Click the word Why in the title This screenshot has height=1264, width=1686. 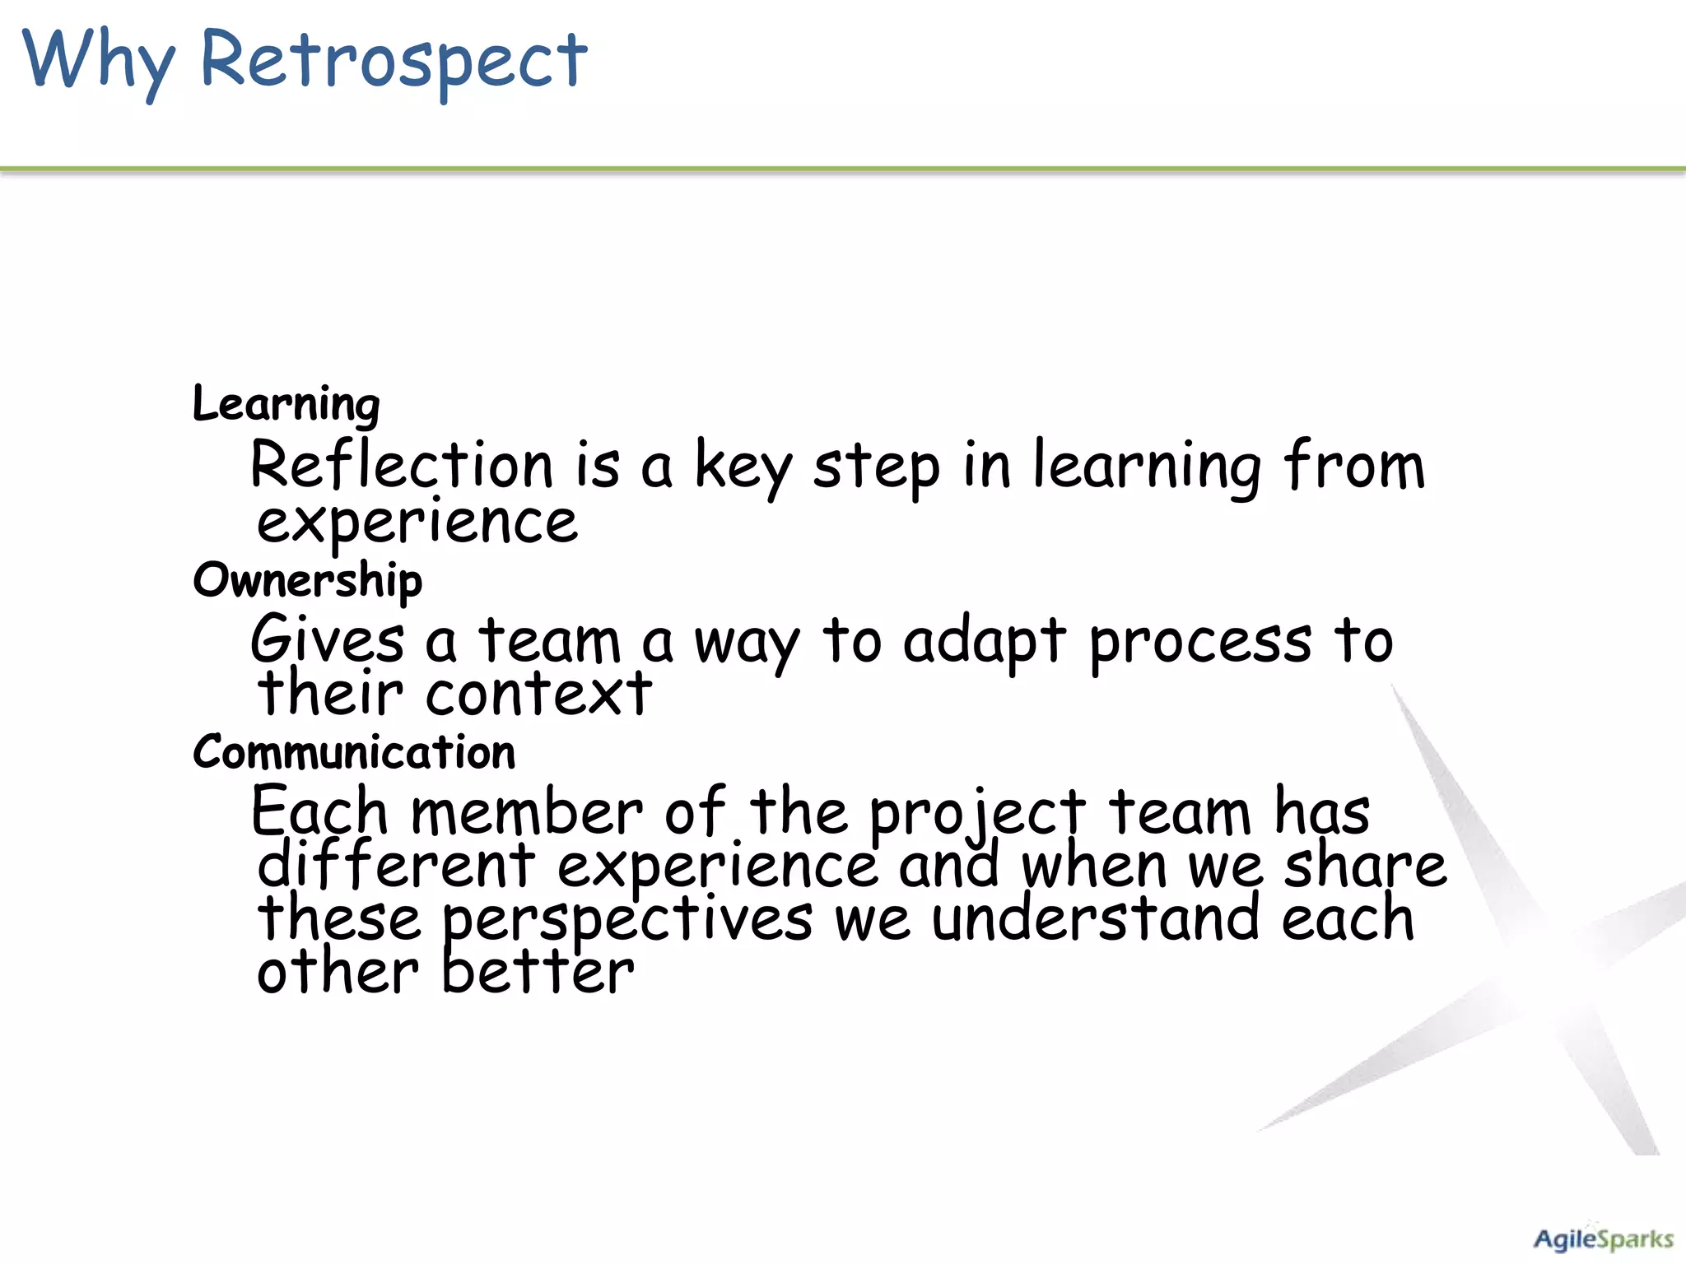(x=99, y=62)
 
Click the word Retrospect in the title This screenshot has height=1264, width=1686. (x=394, y=62)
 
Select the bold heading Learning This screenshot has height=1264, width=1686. (x=286, y=405)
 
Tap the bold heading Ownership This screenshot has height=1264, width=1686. (x=307, y=581)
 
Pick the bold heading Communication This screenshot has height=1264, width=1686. (x=354, y=753)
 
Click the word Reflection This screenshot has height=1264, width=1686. (x=402, y=466)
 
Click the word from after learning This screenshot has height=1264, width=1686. (x=1353, y=466)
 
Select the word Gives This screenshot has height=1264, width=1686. (x=328, y=640)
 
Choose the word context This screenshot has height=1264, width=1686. (x=538, y=694)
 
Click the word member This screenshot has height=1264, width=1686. (x=527, y=813)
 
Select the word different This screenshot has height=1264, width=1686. (x=396, y=866)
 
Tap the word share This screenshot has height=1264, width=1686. (x=1364, y=866)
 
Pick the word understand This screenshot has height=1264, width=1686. (x=1095, y=918)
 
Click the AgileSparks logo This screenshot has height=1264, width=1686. (x=1602, y=1239)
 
